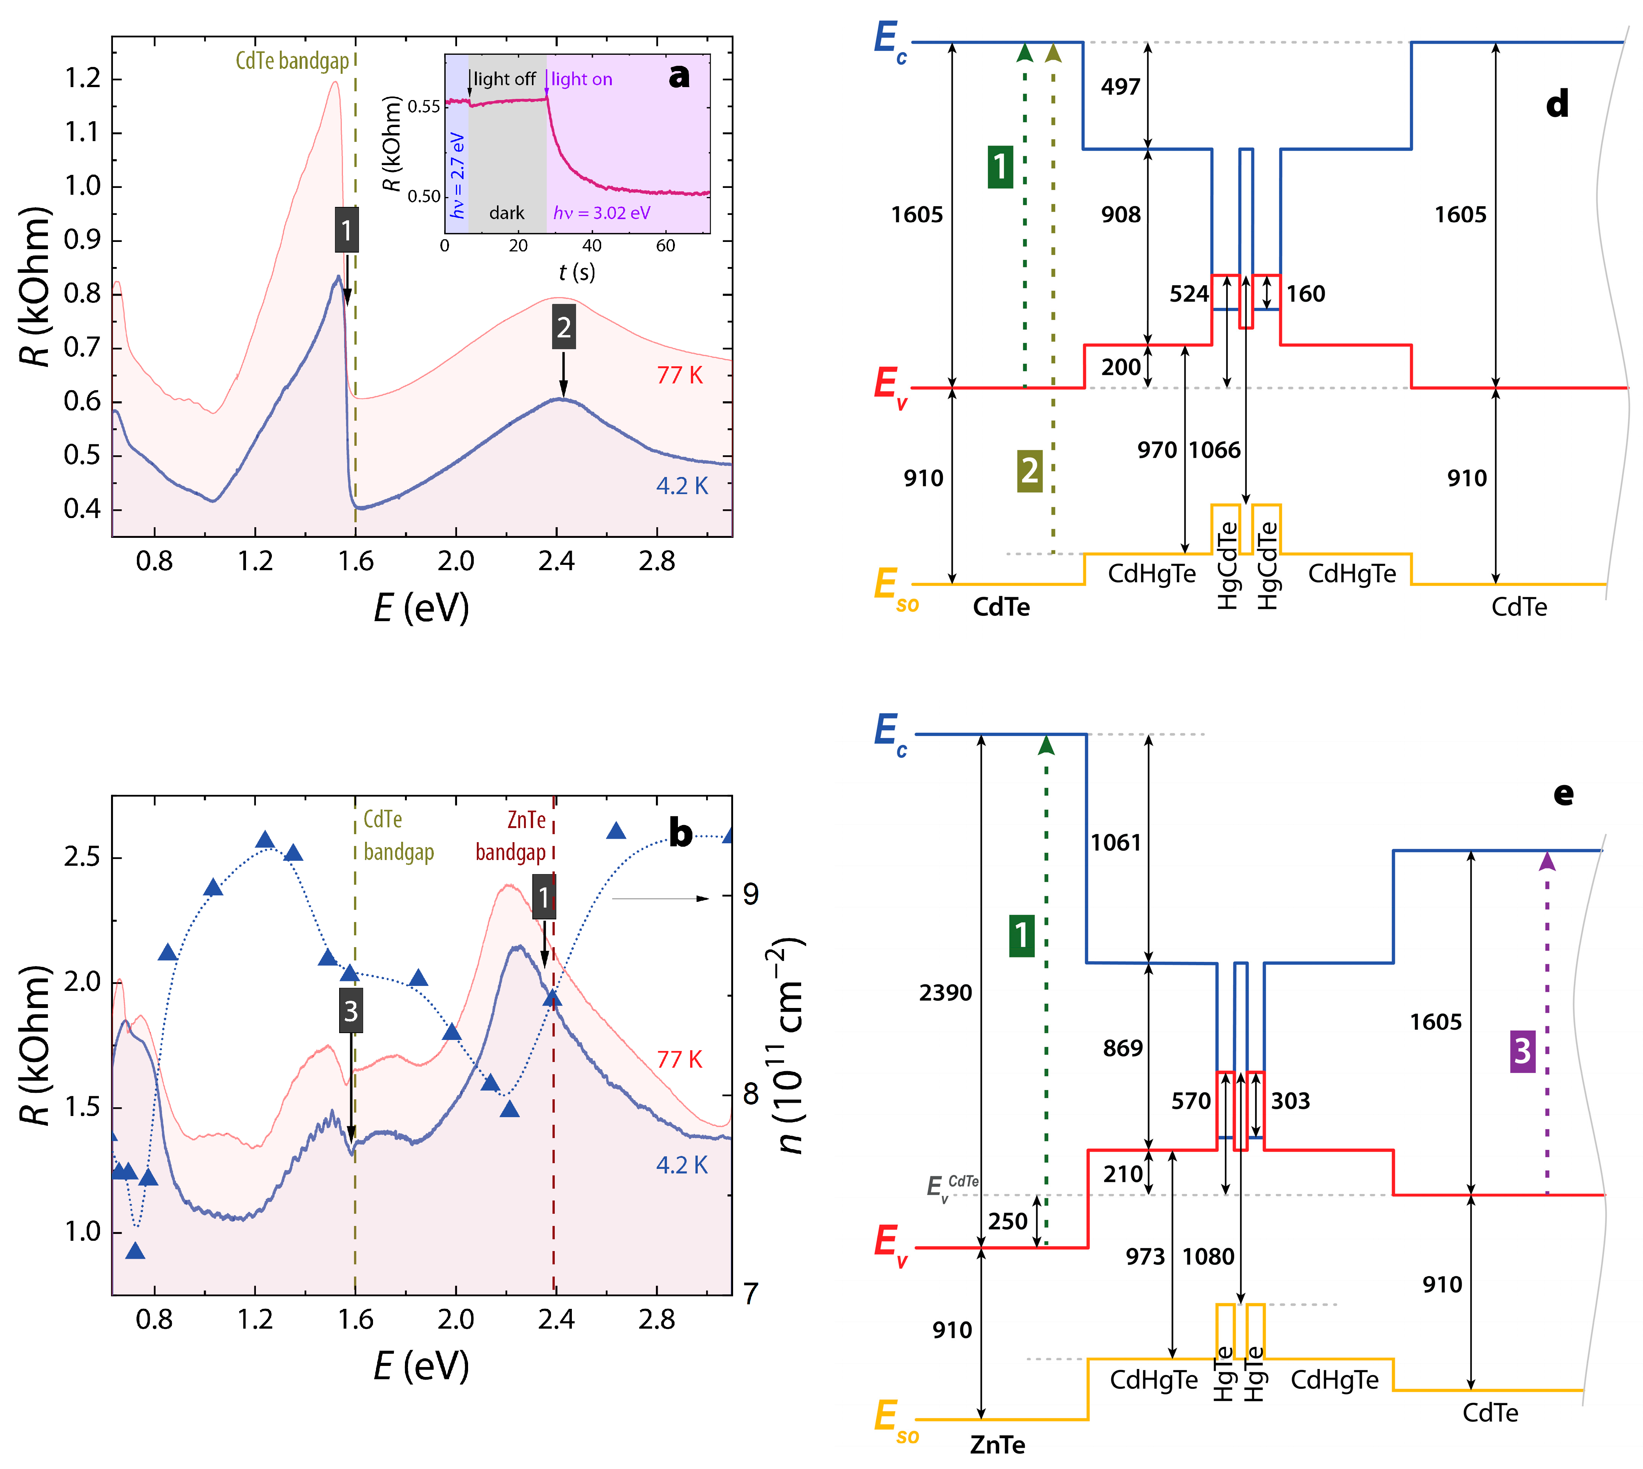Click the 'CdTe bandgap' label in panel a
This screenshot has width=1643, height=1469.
[292, 61]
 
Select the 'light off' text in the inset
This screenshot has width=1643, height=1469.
[504, 79]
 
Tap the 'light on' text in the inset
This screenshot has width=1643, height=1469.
[581, 79]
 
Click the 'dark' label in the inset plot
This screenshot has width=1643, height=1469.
[507, 213]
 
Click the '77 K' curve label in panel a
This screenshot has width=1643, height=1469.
[679, 375]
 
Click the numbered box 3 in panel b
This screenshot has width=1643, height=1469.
[350, 1011]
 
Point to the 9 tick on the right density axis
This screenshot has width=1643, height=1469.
[751, 894]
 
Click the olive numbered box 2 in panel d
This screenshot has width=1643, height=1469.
[1029, 471]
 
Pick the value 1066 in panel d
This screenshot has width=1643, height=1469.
[1214, 450]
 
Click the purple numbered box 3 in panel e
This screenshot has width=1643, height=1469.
[1522, 1051]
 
